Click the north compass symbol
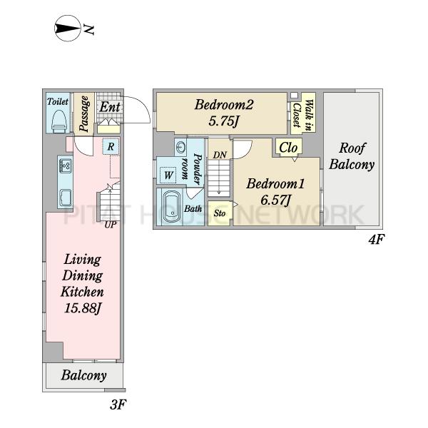(x=68, y=29)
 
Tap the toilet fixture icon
(x=59, y=121)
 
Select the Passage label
(x=83, y=114)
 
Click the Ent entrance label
(x=110, y=107)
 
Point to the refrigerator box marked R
(x=111, y=146)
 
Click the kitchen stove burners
(x=66, y=165)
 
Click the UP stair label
(x=111, y=225)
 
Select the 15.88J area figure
(x=83, y=308)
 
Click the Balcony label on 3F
(x=83, y=375)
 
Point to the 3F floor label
(x=118, y=404)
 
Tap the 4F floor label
(x=376, y=240)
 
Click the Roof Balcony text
(x=352, y=156)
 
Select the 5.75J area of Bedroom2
(x=224, y=121)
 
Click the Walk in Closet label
(x=302, y=115)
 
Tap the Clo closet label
(x=288, y=148)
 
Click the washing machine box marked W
(x=168, y=175)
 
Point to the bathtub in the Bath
(x=171, y=207)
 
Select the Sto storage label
(x=220, y=213)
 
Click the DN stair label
(x=220, y=155)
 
